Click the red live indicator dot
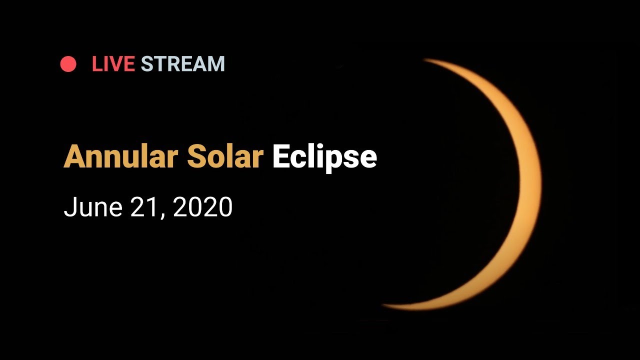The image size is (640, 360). pyautogui.click(x=68, y=63)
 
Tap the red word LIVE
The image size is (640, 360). pyautogui.click(x=113, y=63)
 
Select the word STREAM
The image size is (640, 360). pyautogui.click(x=183, y=63)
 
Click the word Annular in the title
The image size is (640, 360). pyautogui.click(x=121, y=156)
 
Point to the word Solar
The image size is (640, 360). pyautogui.click(x=225, y=156)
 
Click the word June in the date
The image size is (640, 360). pyautogui.click(x=93, y=207)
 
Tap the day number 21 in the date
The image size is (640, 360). pyautogui.click(x=144, y=207)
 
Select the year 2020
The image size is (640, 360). pyautogui.click(x=202, y=207)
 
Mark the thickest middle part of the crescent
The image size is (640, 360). pyautogui.click(x=530, y=183)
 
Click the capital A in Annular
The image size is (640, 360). pyautogui.click(x=75, y=156)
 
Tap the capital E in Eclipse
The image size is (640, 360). pyautogui.click(x=281, y=156)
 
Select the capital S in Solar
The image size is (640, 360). pyautogui.click(x=197, y=156)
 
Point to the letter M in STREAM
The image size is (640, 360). pyautogui.click(x=215, y=63)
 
